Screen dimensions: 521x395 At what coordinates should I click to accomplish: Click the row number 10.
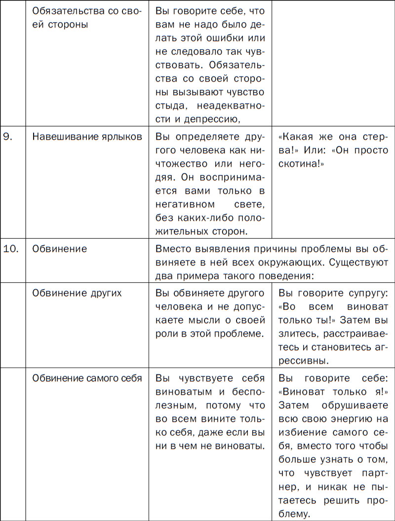click(x=10, y=249)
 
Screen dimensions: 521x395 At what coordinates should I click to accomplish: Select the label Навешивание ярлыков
click(x=87, y=137)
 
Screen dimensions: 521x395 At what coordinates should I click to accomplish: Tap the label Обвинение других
click(x=77, y=293)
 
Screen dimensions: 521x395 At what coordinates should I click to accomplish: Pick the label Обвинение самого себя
click(x=87, y=378)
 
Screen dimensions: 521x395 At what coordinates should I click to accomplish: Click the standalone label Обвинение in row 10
click(x=59, y=249)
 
